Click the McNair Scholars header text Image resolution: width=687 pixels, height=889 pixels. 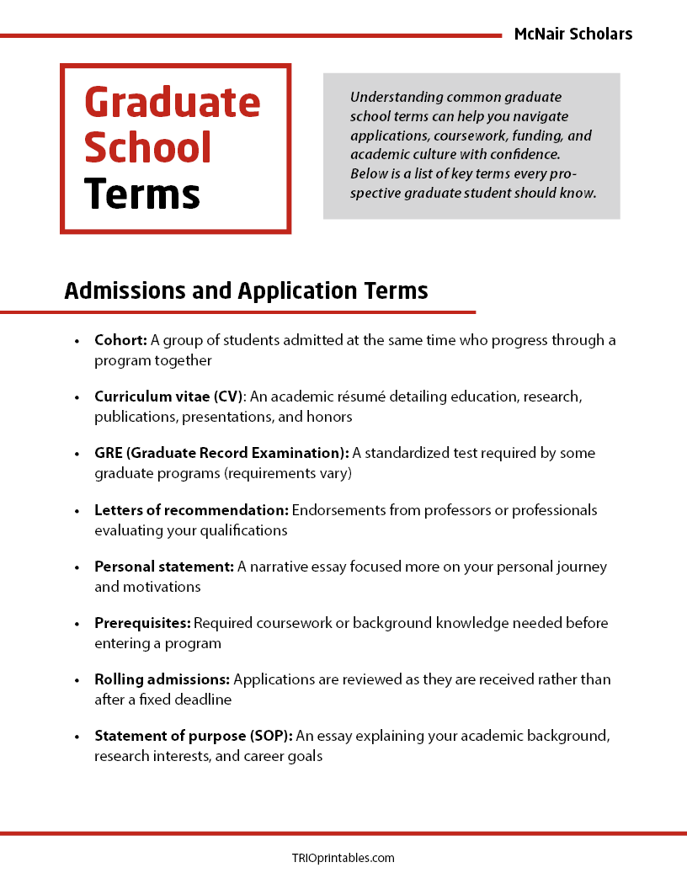click(x=572, y=35)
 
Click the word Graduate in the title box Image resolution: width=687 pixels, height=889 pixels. click(x=173, y=103)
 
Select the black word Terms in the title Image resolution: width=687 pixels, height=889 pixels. click(x=141, y=194)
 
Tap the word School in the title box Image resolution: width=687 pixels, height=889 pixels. click(x=147, y=148)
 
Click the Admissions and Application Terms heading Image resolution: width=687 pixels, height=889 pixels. click(x=246, y=290)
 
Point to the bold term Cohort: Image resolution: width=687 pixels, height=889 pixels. click(x=120, y=340)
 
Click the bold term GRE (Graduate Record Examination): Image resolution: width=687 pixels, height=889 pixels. click(x=221, y=453)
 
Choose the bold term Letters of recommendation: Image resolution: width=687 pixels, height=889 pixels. click(x=191, y=510)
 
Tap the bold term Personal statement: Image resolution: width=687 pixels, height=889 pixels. click(x=163, y=567)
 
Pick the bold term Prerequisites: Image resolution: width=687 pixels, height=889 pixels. click(x=142, y=623)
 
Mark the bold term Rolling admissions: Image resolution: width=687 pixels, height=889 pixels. click(x=162, y=679)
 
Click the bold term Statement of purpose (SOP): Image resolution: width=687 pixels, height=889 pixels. click(x=194, y=736)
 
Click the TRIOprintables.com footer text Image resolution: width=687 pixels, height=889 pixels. click(x=343, y=858)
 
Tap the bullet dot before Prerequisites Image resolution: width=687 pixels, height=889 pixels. click(x=77, y=624)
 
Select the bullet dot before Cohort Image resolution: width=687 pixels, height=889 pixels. click(x=77, y=341)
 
